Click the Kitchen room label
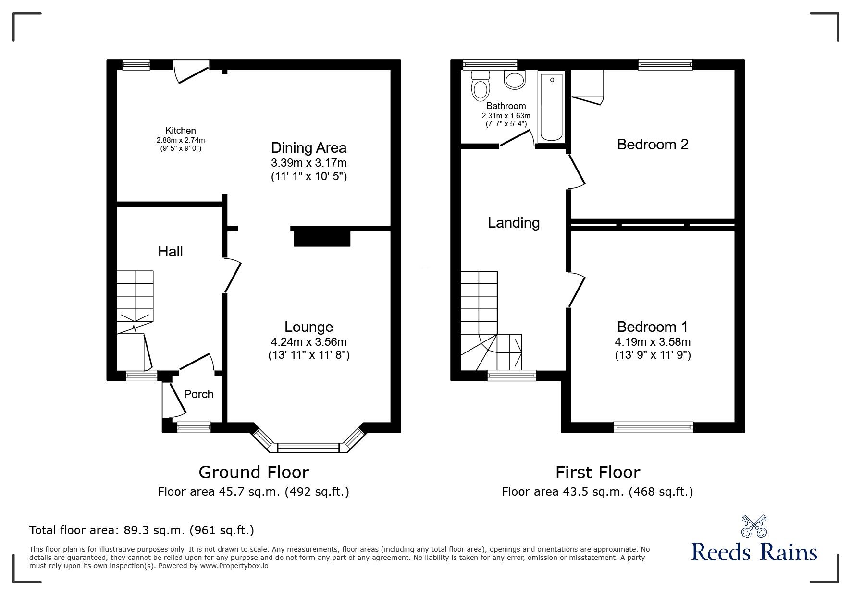pos(180,130)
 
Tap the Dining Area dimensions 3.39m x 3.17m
pos(308,163)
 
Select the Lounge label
pos(308,327)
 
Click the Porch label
pos(198,394)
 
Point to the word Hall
pos(170,251)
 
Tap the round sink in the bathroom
pos(515,80)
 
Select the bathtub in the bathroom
pos(551,106)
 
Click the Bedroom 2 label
pos(652,144)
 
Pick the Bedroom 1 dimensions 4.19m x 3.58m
pos(652,342)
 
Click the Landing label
pos(513,222)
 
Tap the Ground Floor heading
pos(253,473)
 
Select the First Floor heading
pos(597,473)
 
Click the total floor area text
pos(141,530)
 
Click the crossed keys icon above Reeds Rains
pos(754,526)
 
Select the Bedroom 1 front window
pos(653,426)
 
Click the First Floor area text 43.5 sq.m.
pos(597,492)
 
